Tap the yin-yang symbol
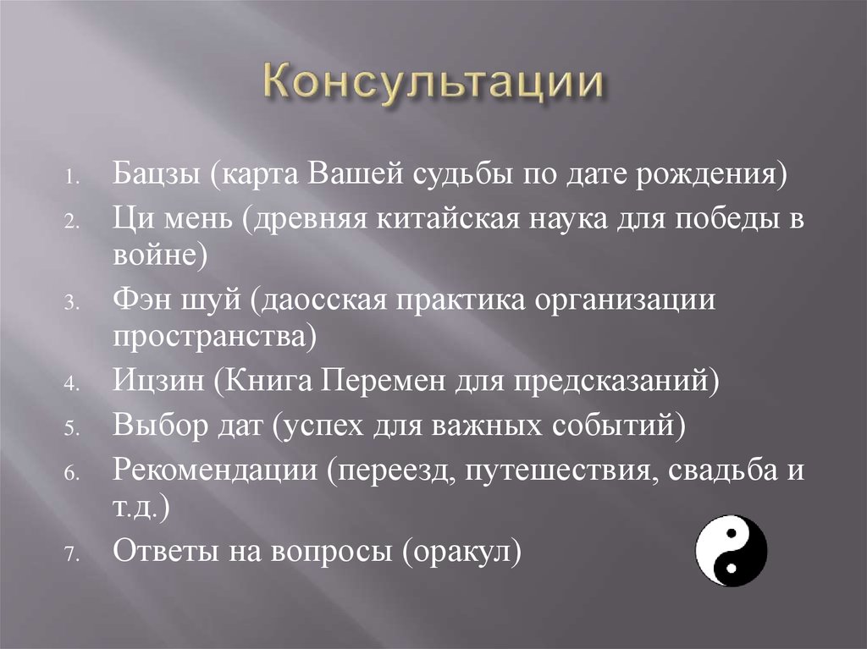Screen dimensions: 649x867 731,552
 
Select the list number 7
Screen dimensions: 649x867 70,554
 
